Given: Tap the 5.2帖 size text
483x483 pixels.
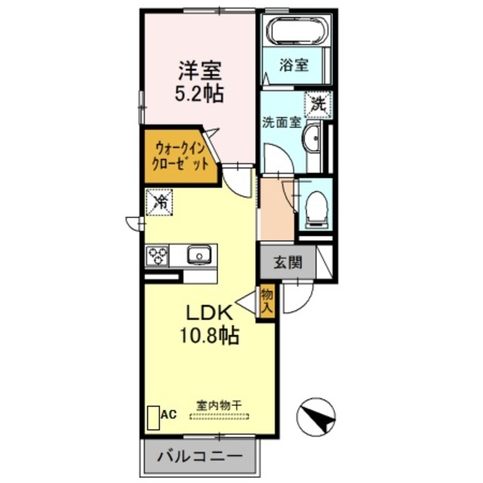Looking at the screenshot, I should pos(199,96).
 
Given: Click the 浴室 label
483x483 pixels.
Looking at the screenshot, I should pos(294,64).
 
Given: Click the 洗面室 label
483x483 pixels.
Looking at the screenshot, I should pos(281,121).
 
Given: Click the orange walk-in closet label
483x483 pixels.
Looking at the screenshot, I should pos(180,155).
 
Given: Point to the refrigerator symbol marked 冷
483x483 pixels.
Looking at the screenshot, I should pos(160,201).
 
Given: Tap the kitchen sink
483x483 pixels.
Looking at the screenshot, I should pos(199,254).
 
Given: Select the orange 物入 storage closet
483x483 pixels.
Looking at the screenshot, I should pos(266,301).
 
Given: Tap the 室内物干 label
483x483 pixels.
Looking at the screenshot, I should pos(219,405).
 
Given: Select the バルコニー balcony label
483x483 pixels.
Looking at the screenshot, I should pos(200,457).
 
